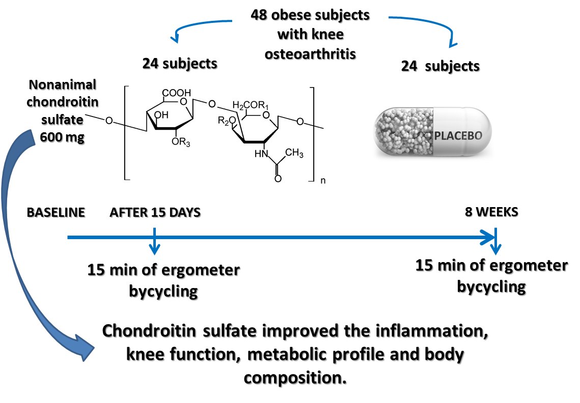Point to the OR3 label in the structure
pyautogui.click(x=181, y=142)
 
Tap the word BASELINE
pyautogui.click(x=56, y=212)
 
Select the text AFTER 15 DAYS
pyautogui.click(x=155, y=212)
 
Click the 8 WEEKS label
pyautogui.click(x=491, y=212)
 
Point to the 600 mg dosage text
pyautogui.click(x=63, y=137)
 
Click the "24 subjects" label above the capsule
pyautogui.click(x=440, y=66)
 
